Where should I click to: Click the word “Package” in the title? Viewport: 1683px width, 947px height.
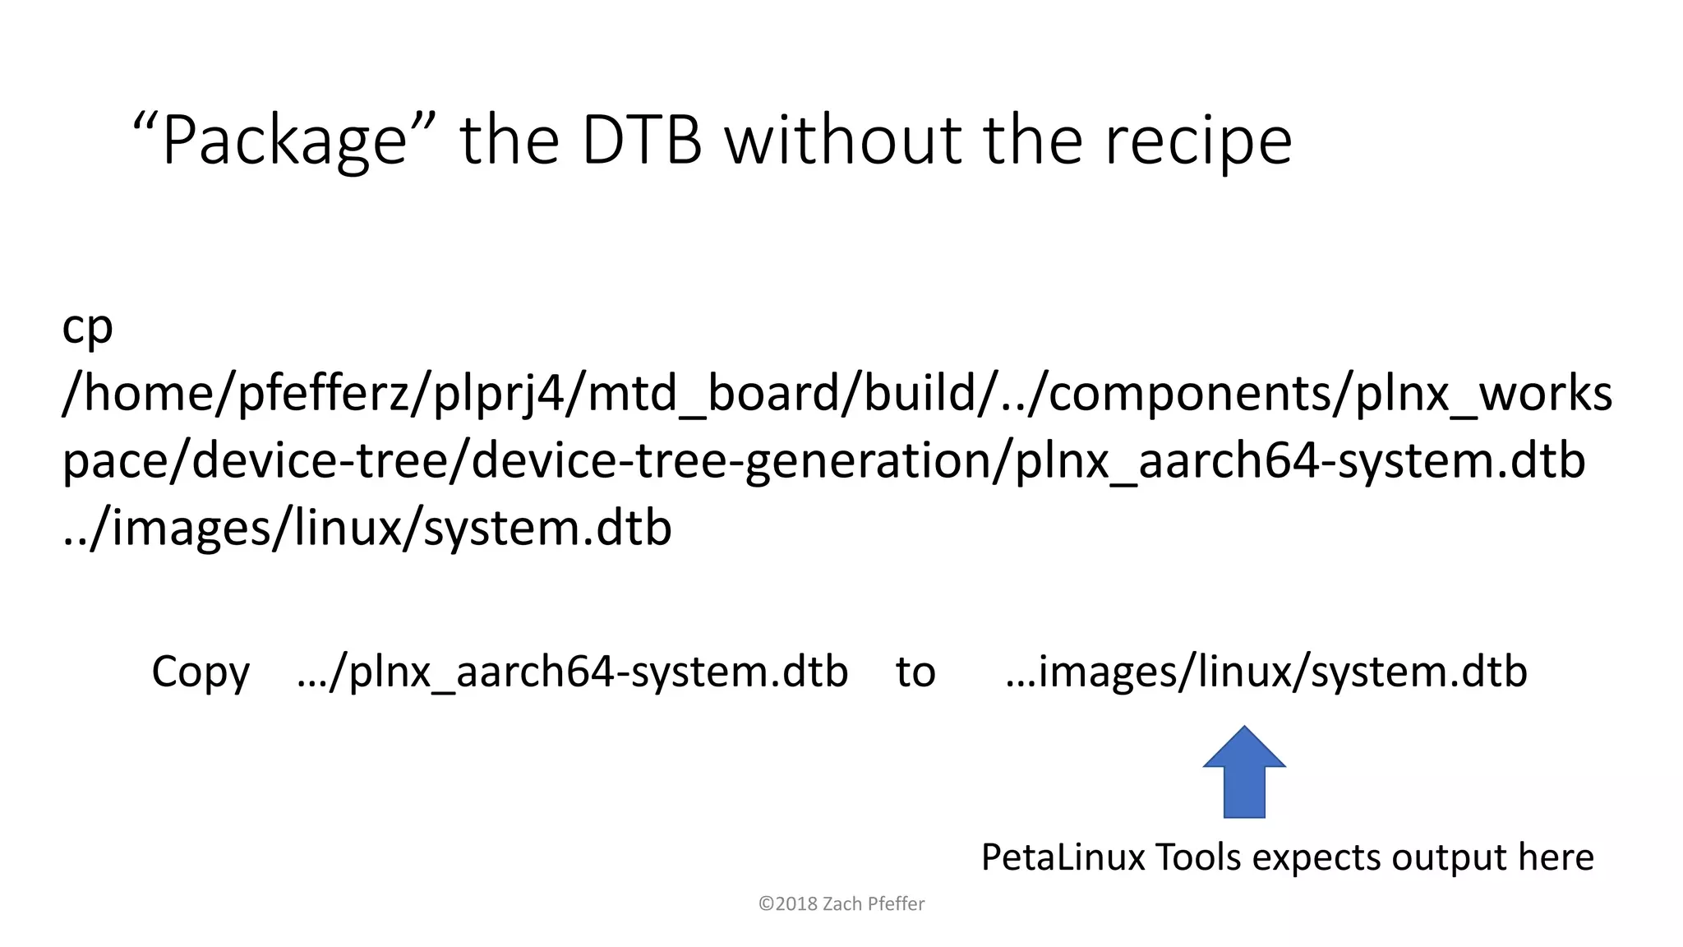(x=284, y=141)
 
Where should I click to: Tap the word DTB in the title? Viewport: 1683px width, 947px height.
(x=642, y=141)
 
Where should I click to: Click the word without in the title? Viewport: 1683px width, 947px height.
(x=843, y=141)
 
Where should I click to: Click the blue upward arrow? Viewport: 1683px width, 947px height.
(x=1244, y=772)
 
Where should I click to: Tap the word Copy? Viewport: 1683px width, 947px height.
(x=201, y=672)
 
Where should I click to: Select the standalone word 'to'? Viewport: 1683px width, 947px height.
(x=915, y=672)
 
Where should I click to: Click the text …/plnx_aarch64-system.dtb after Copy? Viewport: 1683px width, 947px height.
(x=572, y=672)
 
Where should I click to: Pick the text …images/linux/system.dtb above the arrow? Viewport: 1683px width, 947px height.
(x=1266, y=672)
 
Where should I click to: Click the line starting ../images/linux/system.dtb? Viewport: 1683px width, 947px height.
(x=367, y=528)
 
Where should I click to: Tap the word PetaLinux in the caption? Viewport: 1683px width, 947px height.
(x=1063, y=857)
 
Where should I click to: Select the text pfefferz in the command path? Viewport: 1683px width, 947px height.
(x=323, y=394)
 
